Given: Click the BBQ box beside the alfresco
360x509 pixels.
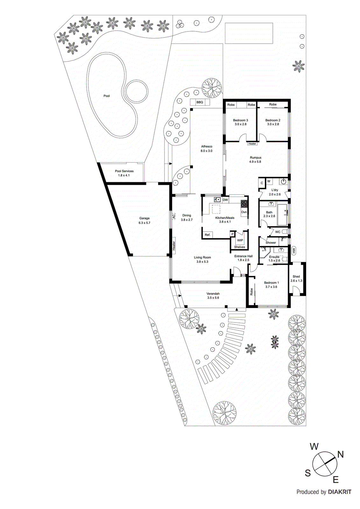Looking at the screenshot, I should coord(200,102).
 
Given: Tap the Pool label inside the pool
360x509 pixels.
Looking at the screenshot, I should coord(107,96).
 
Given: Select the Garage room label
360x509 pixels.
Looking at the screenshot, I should coord(144,218).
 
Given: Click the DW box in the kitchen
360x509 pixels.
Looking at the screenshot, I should coord(225,200).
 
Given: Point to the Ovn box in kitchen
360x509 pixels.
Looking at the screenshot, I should coord(244,212).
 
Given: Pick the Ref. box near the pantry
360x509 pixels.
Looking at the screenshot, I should coord(208,235).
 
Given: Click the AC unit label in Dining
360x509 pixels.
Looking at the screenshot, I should coord(174,216).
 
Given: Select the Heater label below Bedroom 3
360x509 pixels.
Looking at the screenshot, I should coord(252,144).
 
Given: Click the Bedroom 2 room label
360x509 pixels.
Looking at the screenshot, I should coord(273,120).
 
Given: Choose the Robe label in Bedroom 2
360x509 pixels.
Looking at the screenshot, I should coord(273,104).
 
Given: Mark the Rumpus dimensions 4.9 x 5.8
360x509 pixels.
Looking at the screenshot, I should coord(255,162).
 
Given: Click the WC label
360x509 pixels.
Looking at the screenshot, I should coord(278,232).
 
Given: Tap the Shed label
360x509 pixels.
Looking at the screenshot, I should coord(296,276).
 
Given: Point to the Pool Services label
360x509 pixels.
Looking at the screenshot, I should coord(124,171).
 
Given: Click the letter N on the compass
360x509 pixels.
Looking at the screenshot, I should coord(340,454).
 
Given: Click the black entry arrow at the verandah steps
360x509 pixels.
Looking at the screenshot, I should coord(236,309).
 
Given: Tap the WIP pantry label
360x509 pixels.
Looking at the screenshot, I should coord(240,241).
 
